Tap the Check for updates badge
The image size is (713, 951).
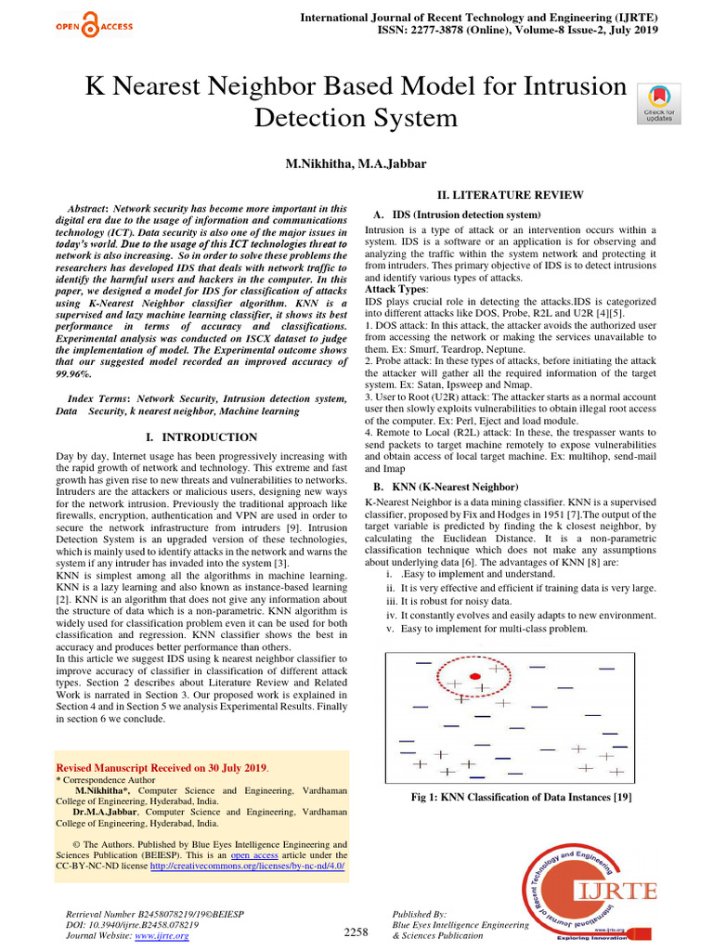point(658,103)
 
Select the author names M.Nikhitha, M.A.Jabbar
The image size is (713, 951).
point(356,163)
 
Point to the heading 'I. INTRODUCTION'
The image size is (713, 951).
point(202,436)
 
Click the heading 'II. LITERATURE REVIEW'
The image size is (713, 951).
point(510,194)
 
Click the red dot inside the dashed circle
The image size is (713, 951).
point(474,675)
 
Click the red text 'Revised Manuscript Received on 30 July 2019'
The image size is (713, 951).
point(162,768)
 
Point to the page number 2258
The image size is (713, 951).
point(356,931)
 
